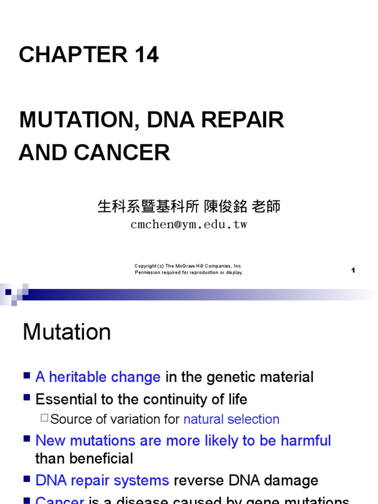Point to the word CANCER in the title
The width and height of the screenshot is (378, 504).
point(123,153)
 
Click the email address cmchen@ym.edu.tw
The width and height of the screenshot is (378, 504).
point(189,225)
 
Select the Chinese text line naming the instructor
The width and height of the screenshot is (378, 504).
point(189,207)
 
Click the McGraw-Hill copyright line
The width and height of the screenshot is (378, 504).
point(189,266)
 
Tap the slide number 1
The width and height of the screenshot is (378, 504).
point(353,270)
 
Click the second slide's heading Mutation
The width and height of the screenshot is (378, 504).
point(67,332)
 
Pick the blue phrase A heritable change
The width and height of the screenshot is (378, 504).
point(98,378)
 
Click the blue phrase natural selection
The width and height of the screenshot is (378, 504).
point(231,419)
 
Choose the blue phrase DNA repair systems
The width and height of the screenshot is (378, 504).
point(102,480)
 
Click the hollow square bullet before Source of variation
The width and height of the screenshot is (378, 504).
point(44,419)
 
